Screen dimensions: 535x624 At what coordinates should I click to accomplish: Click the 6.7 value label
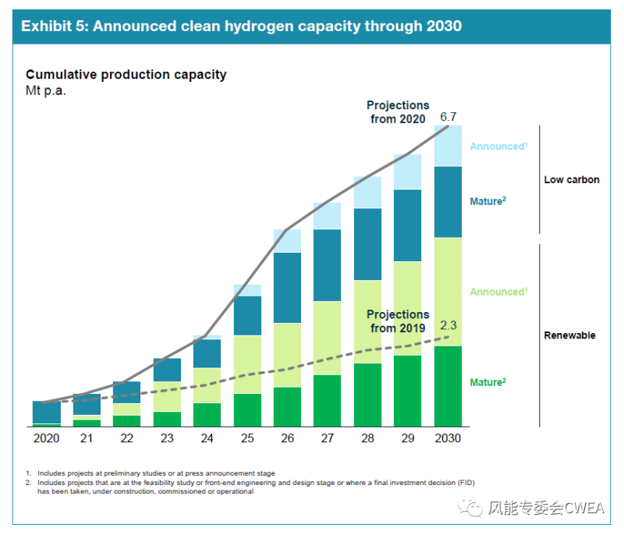tap(448, 117)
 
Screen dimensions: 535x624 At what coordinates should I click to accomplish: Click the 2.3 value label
tap(448, 325)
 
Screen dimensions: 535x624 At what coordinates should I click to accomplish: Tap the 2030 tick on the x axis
tap(447, 438)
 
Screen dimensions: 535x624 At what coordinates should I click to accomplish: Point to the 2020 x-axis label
tap(47, 438)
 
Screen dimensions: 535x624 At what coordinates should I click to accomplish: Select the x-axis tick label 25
tap(247, 438)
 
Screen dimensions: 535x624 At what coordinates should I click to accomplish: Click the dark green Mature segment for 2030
tap(448, 386)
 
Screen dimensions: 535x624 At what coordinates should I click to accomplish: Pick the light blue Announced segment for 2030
tap(448, 146)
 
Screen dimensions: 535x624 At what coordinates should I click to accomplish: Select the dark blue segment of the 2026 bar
tap(287, 287)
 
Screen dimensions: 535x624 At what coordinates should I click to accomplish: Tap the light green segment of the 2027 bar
tap(327, 338)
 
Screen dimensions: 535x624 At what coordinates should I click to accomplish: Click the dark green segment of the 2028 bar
tap(367, 395)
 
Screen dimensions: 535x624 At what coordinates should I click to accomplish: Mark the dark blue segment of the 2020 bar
tap(47, 412)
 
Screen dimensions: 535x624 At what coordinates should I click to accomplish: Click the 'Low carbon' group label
tap(571, 179)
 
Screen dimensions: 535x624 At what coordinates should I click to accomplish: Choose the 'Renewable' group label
tap(569, 335)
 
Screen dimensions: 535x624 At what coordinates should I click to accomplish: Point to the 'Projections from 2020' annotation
tap(398, 112)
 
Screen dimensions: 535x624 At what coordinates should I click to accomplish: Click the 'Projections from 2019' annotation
tap(398, 321)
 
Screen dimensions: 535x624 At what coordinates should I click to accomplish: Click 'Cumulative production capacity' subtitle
tap(126, 75)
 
